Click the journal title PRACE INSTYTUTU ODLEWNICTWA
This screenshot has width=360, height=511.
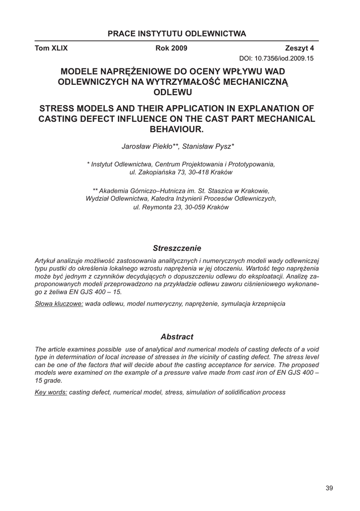177,34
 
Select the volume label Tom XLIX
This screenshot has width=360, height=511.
51,48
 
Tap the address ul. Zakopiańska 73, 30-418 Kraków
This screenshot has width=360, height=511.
180,172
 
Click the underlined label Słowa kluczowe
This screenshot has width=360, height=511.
58,304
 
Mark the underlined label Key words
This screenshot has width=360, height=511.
51,392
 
